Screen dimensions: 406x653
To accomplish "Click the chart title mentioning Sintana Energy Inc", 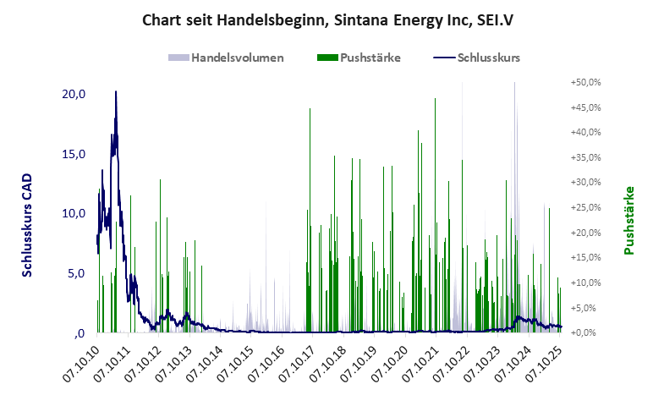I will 326,19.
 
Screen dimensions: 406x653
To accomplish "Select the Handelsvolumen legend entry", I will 226,58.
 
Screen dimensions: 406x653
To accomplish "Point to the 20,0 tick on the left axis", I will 74,94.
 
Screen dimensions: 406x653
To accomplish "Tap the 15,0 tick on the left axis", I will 74,154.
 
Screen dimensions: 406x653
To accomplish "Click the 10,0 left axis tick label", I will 74,213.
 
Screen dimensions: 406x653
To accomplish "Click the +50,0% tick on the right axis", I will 584,83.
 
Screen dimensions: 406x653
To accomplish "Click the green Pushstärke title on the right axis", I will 628,220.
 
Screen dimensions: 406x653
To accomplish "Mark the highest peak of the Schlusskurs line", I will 116,91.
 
